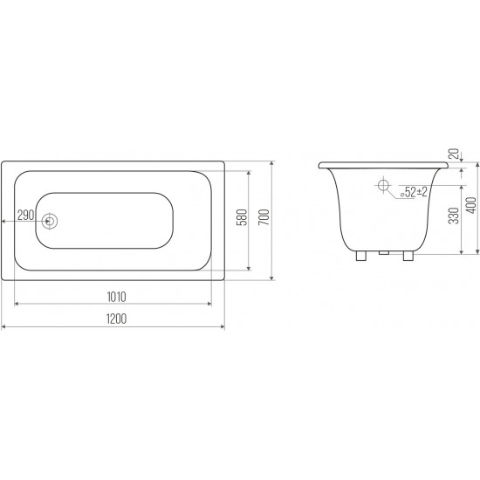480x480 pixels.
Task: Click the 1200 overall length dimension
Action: [x=116, y=319]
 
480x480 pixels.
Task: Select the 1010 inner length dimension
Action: [x=116, y=297]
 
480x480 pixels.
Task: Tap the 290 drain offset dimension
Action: [x=25, y=216]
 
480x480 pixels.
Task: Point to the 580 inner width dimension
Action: [x=242, y=217]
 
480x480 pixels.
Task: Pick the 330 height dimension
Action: [x=455, y=216]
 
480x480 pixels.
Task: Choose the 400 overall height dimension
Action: [x=472, y=205]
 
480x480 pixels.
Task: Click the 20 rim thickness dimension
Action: [x=456, y=154]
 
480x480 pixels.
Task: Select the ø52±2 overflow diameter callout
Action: [x=414, y=192]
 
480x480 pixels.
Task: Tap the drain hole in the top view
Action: [x=49, y=221]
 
